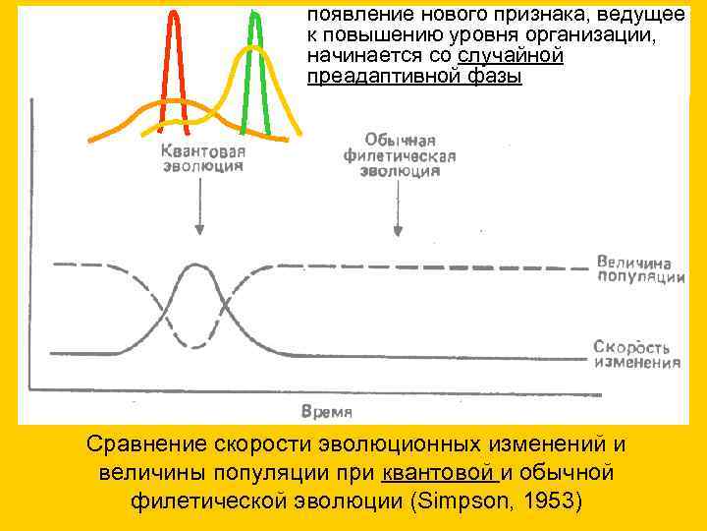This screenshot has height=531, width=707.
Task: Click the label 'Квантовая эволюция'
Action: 203,159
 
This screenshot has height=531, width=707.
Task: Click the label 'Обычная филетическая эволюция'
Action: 400,155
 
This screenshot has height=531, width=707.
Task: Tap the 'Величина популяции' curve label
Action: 640,268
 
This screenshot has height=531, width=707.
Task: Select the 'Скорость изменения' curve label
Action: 636,354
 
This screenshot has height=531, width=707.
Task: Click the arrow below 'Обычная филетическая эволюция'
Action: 398,210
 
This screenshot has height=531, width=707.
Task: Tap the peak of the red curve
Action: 175,14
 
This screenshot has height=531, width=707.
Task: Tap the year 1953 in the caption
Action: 547,501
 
